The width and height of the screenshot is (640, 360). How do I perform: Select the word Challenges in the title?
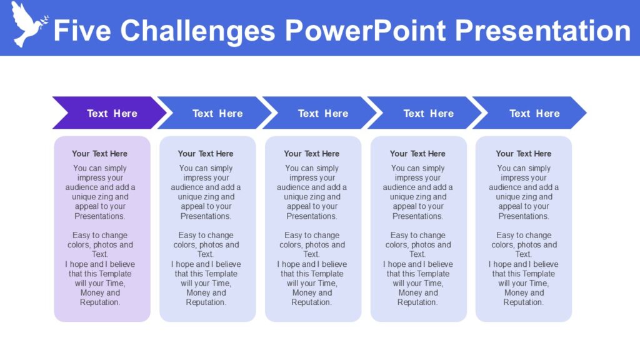pos(197,30)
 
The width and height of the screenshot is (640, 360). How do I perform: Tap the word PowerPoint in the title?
pos(365,30)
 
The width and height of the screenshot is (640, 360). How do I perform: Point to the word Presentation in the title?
pos(542,30)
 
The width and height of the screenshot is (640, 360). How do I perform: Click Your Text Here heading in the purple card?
pos(99,154)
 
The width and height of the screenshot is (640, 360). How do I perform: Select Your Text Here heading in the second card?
pos(206,154)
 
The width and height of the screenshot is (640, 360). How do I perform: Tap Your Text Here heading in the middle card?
pos(311,154)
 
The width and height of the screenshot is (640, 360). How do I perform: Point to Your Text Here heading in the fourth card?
pos(417,154)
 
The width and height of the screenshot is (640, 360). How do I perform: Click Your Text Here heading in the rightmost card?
pos(523,154)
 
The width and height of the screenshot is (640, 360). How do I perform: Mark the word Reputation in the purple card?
pos(99,302)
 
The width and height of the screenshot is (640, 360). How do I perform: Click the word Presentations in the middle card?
pos(311,216)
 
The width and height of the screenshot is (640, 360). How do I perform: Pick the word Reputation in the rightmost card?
pos(523,302)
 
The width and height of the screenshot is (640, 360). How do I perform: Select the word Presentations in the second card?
pos(206,216)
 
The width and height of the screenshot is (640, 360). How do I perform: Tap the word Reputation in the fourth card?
pos(417,302)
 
